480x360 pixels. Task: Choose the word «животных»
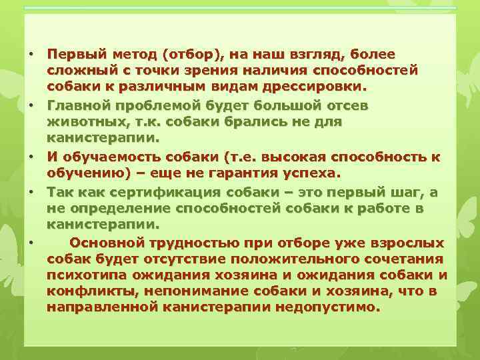point(81,122)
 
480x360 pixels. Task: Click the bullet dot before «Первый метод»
point(32,54)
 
